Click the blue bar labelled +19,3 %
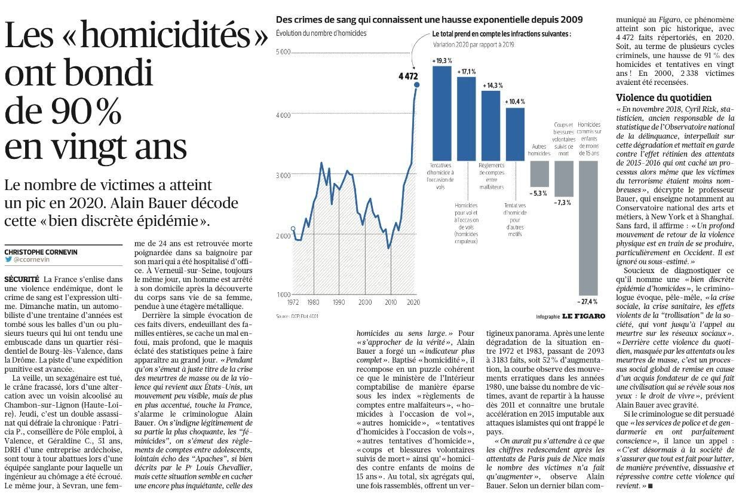pyautogui.click(x=442, y=114)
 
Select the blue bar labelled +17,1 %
pyautogui.click(x=467, y=119)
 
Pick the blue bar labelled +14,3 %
pyautogui.click(x=491, y=125)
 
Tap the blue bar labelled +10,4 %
pyautogui.click(x=515, y=134)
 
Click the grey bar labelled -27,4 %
pyautogui.click(x=588, y=228)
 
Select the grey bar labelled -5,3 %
pyautogui.click(x=539, y=174)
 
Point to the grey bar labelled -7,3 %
pyautogui.click(x=564, y=179)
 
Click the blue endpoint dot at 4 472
pyautogui.click(x=417, y=85)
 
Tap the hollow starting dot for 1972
pyautogui.click(x=293, y=229)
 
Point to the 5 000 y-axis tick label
pyautogui.click(x=283, y=52)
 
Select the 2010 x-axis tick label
pyautogui.click(x=391, y=302)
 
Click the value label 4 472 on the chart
pyautogui.click(x=408, y=76)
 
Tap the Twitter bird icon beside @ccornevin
pyautogui.click(x=8, y=259)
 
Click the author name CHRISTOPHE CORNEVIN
pyautogui.click(x=41, y=252)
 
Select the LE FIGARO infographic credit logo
pyautogui.click(x=584, y=316)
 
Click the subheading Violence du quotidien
pyautogui.click(x=664, y=98)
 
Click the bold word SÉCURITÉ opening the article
pyautogui.click(x=22, y=279)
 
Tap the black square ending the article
pyautogui.click(x=650, y=486)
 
